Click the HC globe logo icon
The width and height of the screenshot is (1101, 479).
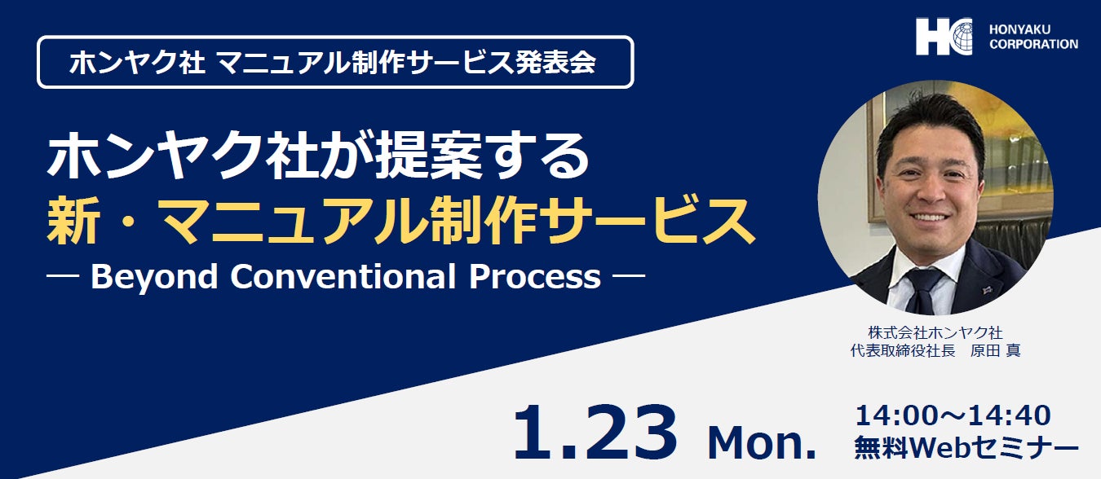click(x=944, y=37)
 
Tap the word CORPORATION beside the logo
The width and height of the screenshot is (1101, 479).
click(x=1033, y=44)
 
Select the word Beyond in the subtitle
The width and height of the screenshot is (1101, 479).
click(x=154, y=278)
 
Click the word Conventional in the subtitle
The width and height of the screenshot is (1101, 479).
click(x=343, y=277)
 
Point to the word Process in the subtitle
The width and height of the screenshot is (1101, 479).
click(x=535, y=277)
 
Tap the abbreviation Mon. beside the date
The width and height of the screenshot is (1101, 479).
click(x=762, y=444)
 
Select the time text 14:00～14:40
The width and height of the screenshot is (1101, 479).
click(x=953, y=415)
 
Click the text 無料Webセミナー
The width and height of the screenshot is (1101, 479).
click(x=966, y=447)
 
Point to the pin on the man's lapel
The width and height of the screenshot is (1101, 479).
click(x=987, y=290)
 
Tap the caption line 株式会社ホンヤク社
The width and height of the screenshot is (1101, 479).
click(x=935, y=332)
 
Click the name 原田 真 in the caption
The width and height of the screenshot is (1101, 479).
click(x=995, y=351)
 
